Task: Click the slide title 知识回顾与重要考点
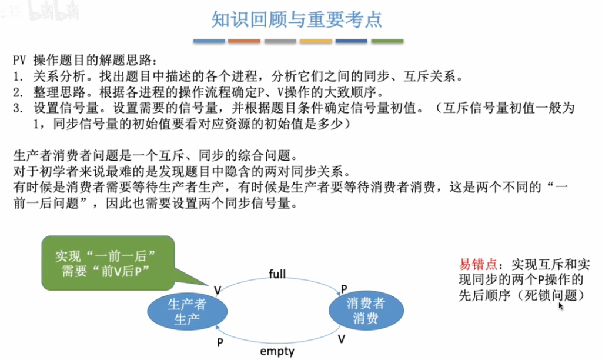pos(297,19)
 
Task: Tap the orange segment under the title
pos(244,41)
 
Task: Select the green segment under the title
pos(387,41)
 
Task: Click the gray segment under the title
pos(280,41)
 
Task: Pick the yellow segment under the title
pos(316,41)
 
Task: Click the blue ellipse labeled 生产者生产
pos(188,311)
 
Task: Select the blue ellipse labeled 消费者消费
pos(366,311)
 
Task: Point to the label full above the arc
pos(277,274)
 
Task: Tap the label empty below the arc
pos(277,351)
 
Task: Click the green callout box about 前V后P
pos(108,263)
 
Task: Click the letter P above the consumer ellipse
pos(344,289)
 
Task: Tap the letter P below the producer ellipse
pos(220,342)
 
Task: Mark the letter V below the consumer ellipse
pos(342,339)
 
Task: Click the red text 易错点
pos(478,264)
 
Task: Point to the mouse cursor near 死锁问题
pos(561,306)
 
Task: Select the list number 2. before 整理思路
pos(18,92)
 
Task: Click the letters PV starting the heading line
pos(19,61)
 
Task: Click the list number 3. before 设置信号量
pos(18,108)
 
